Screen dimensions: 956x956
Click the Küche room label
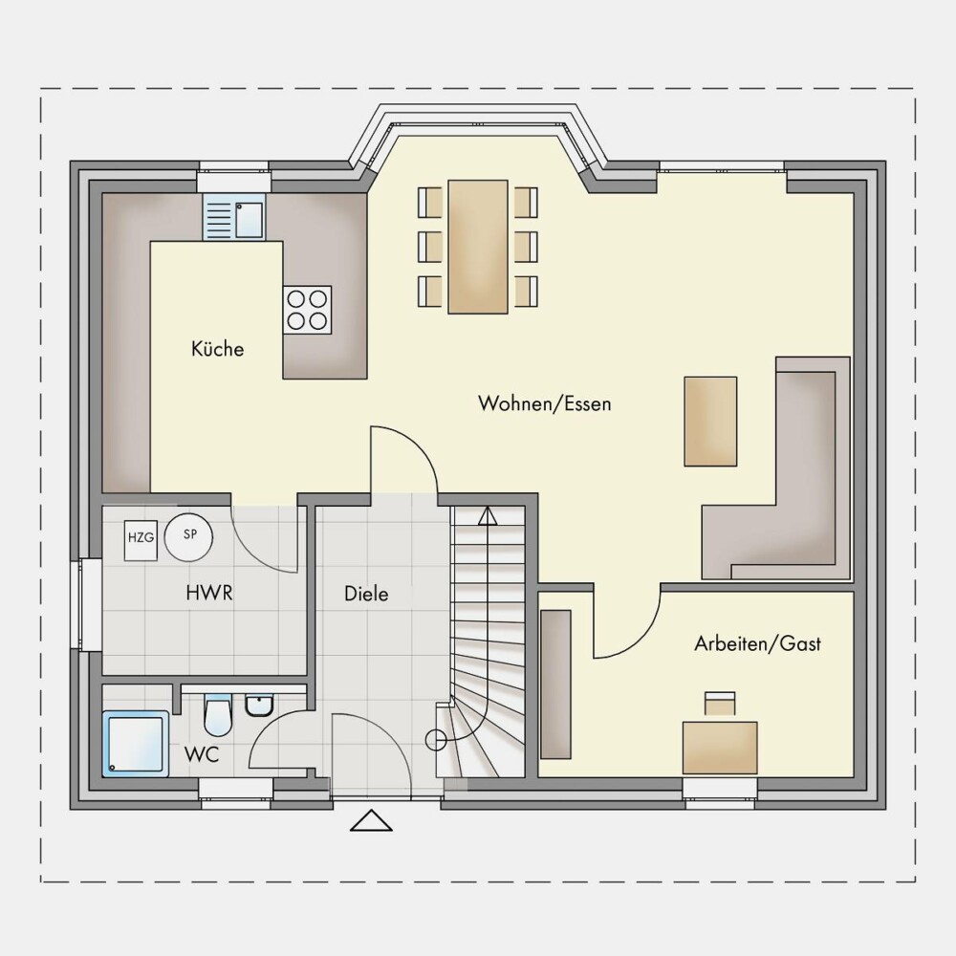click(x=217, y=349)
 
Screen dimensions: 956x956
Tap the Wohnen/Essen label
click(x=545, y=403)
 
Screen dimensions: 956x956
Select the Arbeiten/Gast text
click(x=757, y=643)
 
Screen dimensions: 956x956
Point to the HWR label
click(x=209, y=593)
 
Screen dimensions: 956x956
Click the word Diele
click(x=366, y=594)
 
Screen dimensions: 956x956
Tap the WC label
click(x=202, y=755)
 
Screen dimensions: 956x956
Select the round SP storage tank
click(x=189, y=537)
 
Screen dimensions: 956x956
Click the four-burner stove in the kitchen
click(x=307, y=310)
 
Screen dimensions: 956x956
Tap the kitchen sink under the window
click(x=234, y=216)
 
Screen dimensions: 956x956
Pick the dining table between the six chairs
click(x=478, y=247)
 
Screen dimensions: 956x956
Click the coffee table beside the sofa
click(x=710, y=422)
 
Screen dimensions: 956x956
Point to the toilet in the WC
click(x=218, y=714)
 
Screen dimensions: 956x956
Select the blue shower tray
click(x=136, y=744)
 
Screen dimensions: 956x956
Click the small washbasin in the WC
click(x=260, y=706)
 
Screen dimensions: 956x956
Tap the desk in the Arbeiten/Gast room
click(x=720, y=749)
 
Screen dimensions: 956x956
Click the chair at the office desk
click(x=720, y=703)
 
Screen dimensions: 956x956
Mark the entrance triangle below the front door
click(x=371, y=820)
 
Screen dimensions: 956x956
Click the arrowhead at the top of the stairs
click(x=488, y=516)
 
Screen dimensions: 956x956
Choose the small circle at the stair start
click(x=435, y=740)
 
